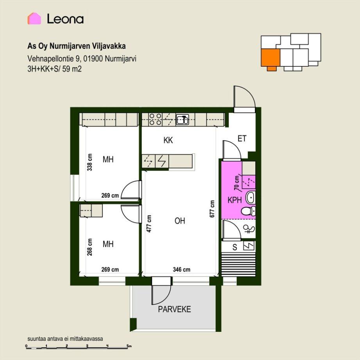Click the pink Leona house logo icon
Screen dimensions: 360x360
[34, 19]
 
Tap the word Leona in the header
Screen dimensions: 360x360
[65, 19]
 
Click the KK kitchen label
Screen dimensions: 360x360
[168, 140]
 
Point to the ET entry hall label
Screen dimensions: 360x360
[242, 139]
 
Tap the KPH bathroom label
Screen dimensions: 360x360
[235, 200]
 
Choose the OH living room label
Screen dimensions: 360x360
[180, 221]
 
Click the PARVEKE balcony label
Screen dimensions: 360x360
[175, 309]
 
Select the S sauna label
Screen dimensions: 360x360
[235, 247]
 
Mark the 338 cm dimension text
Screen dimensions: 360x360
[89, 162]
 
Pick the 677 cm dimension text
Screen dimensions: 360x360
[212, 209]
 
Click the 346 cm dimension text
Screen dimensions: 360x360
[182, 269]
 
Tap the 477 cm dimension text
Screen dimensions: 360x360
[149, 224]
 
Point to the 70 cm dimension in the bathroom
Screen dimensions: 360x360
[237, 183]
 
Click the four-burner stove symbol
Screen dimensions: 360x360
[155, 119]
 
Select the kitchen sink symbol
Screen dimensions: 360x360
[182, 119]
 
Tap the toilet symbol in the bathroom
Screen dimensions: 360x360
[248, 211]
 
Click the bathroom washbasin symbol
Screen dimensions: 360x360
[251, 198]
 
